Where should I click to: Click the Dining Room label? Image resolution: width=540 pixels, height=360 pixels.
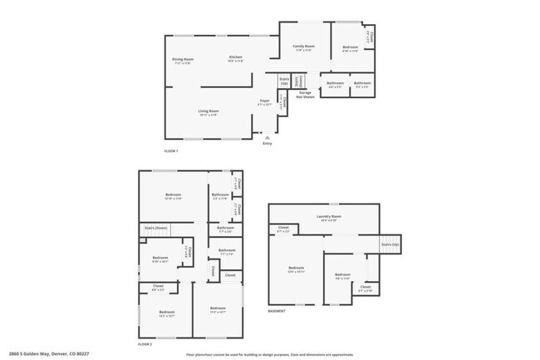tap(183, 61)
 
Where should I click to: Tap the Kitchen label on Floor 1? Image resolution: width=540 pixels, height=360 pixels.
tap(236, 59)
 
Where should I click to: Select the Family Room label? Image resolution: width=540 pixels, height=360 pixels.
tap(303, 47)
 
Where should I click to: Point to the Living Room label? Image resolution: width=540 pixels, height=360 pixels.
tap(208, 112)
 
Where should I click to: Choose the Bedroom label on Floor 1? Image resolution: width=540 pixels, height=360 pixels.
tap(350, 49)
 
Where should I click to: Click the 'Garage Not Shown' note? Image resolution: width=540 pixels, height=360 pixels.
tap(307, 95)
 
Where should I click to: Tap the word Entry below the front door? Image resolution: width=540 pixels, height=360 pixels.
tap(268, 144)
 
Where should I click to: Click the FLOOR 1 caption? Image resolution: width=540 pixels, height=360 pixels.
tap(171, 150)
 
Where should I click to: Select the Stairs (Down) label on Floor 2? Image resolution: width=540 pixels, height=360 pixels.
tap(156, 226)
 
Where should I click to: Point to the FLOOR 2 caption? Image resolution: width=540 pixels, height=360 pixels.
tap(145, 343)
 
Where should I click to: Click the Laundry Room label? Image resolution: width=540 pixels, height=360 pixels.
tap(329, 219)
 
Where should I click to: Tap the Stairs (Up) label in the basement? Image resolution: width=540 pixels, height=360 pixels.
tap(390, 245)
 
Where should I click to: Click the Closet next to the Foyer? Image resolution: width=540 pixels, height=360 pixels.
tap(282, 102)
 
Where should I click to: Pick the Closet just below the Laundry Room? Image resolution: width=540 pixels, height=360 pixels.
tap(283, 229)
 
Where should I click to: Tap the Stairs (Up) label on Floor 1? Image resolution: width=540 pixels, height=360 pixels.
tap(284, 81)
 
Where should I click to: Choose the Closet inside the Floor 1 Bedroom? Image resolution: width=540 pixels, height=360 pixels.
tap(371, 37)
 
